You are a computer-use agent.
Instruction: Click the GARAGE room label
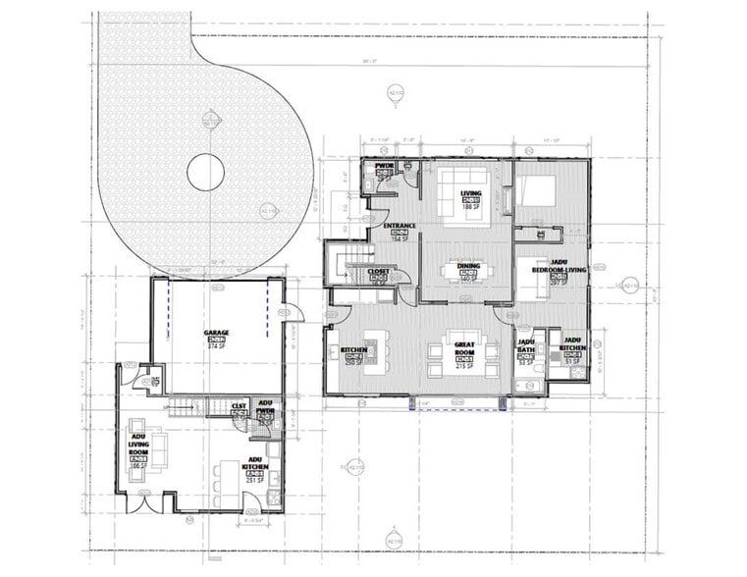(x=217, y=333)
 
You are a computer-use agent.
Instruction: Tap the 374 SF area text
(x=217, y=346)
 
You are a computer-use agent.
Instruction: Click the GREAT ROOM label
(x=464, y=348)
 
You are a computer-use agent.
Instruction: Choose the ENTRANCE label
(x=400, y=227)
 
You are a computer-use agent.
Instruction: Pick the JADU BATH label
(x=525, y=347)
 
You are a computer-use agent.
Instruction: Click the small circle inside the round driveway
(x=205, y=173)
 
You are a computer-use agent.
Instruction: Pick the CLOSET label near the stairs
(x=379, y=271)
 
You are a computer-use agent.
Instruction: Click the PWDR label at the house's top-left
(x=383, y=166)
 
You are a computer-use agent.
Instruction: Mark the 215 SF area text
(x=464, y=366)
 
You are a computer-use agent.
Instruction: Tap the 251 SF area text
(x=255, y=481)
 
